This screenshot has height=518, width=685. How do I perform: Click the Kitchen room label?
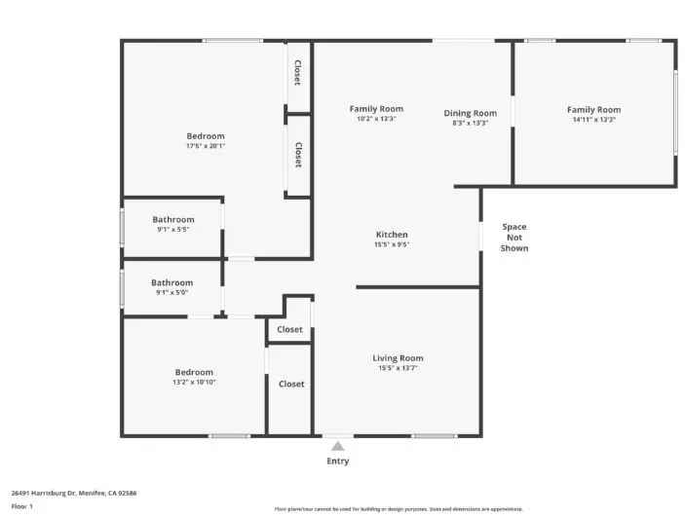click(392, 235)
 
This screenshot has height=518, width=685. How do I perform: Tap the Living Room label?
click(398, 358)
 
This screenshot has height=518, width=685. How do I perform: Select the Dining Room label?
click(470, 113)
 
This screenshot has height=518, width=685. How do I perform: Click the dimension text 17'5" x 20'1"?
click(206, 146)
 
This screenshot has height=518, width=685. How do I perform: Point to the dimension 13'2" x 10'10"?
click(194, 382)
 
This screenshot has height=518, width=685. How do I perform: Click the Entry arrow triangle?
click(337, 446)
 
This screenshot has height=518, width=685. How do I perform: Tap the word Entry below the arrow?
click(337, 461)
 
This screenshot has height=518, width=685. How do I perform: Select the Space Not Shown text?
click(514, 238)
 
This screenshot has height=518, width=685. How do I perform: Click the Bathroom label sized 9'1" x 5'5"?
click(172, 220)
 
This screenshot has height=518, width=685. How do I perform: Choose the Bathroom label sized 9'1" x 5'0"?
click(171, 283)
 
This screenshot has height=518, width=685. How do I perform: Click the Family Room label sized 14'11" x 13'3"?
click(593, 110)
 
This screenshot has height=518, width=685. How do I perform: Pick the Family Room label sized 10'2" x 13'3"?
click(376, 109)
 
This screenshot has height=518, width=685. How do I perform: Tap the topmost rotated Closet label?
click(298, 73)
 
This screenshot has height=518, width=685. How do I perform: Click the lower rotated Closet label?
click(298, 155)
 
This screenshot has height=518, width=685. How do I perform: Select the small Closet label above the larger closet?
click(289, 330)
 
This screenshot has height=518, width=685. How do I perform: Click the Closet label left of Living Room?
click(291, 384)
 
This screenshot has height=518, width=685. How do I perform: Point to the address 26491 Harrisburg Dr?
click(74, 493)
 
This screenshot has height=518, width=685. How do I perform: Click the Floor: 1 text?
click(22, 506)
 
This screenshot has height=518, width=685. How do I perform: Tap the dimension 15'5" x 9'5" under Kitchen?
click(392, 244)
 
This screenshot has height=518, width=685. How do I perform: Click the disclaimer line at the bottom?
click(399, 509)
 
